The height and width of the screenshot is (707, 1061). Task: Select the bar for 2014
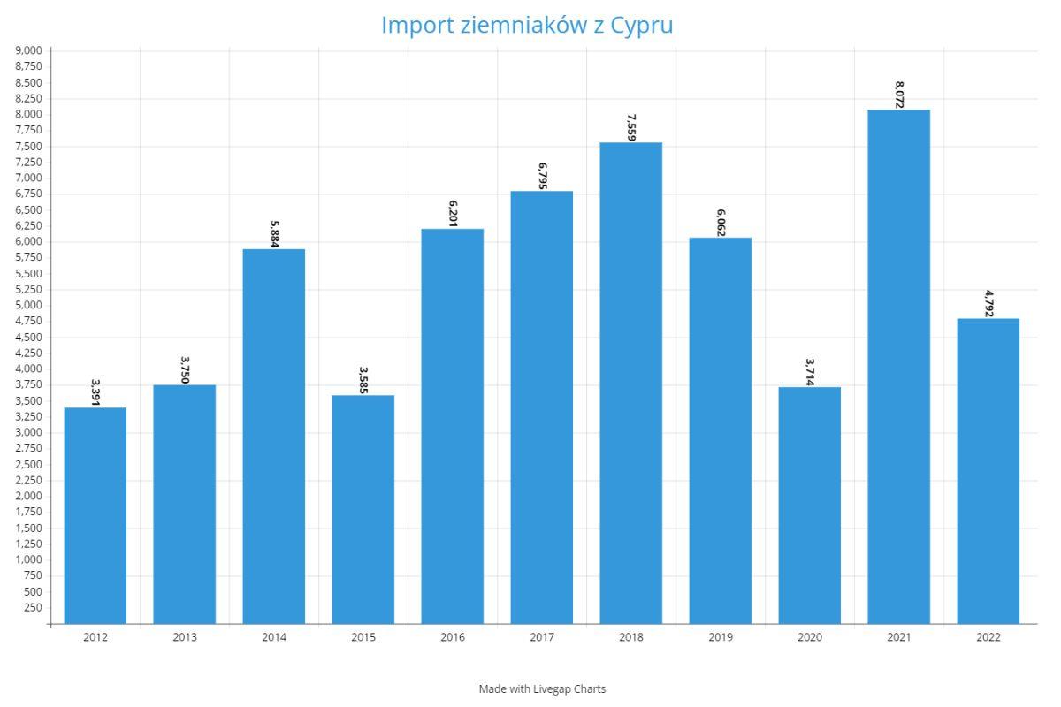point(274,437)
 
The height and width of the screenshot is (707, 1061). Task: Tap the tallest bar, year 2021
point(898,367)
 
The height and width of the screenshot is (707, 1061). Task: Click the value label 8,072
point(899,95)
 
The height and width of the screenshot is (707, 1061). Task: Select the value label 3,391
point(95,392)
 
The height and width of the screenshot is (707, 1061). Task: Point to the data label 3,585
point(363,380)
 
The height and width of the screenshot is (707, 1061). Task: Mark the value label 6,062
point(721,223)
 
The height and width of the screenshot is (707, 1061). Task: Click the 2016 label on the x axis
point(453,638)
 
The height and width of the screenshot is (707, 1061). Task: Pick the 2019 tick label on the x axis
point(721,638)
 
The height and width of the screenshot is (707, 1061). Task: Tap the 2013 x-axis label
point(185,638)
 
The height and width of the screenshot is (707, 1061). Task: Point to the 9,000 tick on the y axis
point(29,50)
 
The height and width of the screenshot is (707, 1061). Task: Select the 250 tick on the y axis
point(34,607)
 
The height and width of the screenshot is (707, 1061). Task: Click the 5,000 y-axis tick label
point(29,305)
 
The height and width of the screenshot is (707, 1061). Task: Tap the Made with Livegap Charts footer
point(542,688)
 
